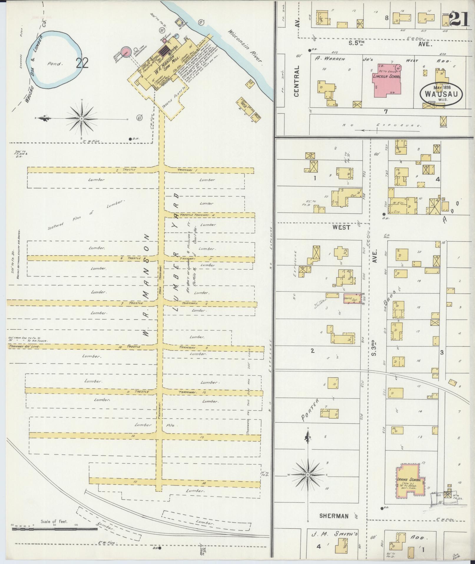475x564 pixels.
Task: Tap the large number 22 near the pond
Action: click(x=82, y=63)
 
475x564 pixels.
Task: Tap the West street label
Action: click(x=341, y=227)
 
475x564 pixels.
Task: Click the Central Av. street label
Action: click(x=297, y=81)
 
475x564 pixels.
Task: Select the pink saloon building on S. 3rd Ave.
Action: click(x=352, y=298)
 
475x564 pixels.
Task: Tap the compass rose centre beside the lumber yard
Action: click(x=81, y=119)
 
